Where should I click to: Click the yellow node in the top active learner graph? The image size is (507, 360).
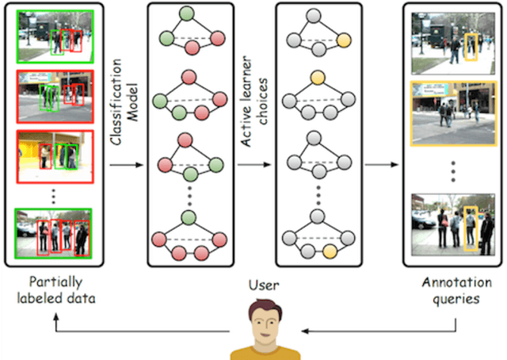344,40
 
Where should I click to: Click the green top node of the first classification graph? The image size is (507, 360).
187,14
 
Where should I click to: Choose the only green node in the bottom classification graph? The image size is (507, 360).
187,216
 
